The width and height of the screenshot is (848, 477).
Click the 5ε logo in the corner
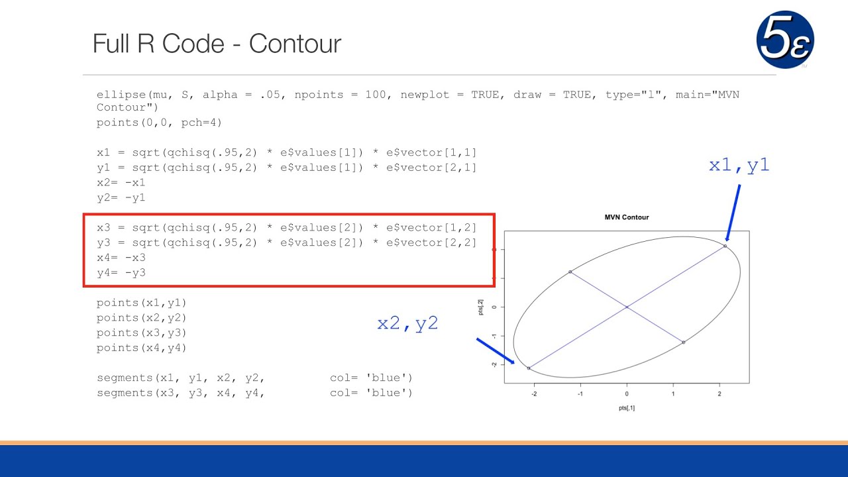(785, 40)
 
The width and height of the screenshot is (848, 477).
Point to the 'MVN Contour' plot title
(626, 217)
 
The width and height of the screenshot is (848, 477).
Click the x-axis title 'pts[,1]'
(626, 408)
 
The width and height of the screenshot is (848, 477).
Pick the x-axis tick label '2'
(719, 394)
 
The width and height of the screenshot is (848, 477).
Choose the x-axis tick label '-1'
(580, 394)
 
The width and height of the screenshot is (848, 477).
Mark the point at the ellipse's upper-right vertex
(725, 246)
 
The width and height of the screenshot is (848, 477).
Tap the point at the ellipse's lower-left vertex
(529, 368)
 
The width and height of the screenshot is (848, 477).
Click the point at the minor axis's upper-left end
(570, 272)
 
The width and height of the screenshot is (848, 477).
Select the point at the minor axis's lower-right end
(683, 342)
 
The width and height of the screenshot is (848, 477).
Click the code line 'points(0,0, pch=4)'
(160, 123)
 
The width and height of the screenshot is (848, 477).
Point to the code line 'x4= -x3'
(121, 258)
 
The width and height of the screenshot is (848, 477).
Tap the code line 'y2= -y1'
(121, 197)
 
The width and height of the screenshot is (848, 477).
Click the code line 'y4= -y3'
(121, 272)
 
